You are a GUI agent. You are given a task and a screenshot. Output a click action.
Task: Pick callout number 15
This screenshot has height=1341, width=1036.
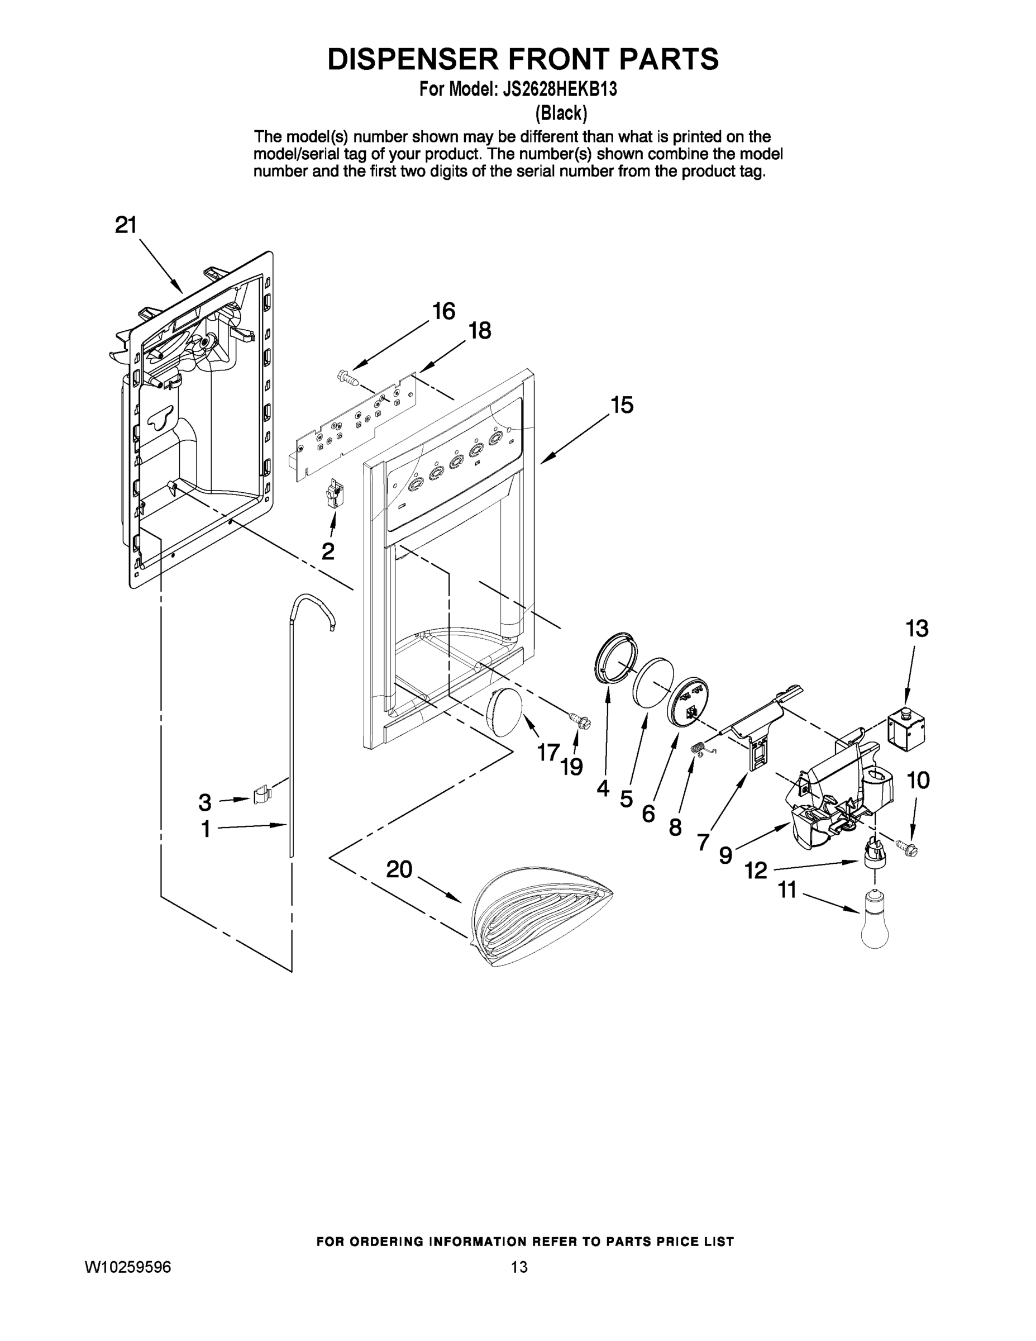pyautogui.click(x=622, y=405)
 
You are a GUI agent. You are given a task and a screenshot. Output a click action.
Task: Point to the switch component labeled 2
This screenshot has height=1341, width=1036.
pyautogui.click(x=335, y=494)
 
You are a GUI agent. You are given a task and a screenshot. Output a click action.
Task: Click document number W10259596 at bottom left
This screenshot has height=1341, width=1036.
pyautogui.click(x=128, y=1267)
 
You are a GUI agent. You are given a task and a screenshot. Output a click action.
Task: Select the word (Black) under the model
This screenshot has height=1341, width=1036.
pyautogui.click(x=561, y=113)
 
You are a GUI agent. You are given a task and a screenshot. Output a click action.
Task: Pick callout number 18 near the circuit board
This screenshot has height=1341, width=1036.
pyautogui.click(x=479, y=331)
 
